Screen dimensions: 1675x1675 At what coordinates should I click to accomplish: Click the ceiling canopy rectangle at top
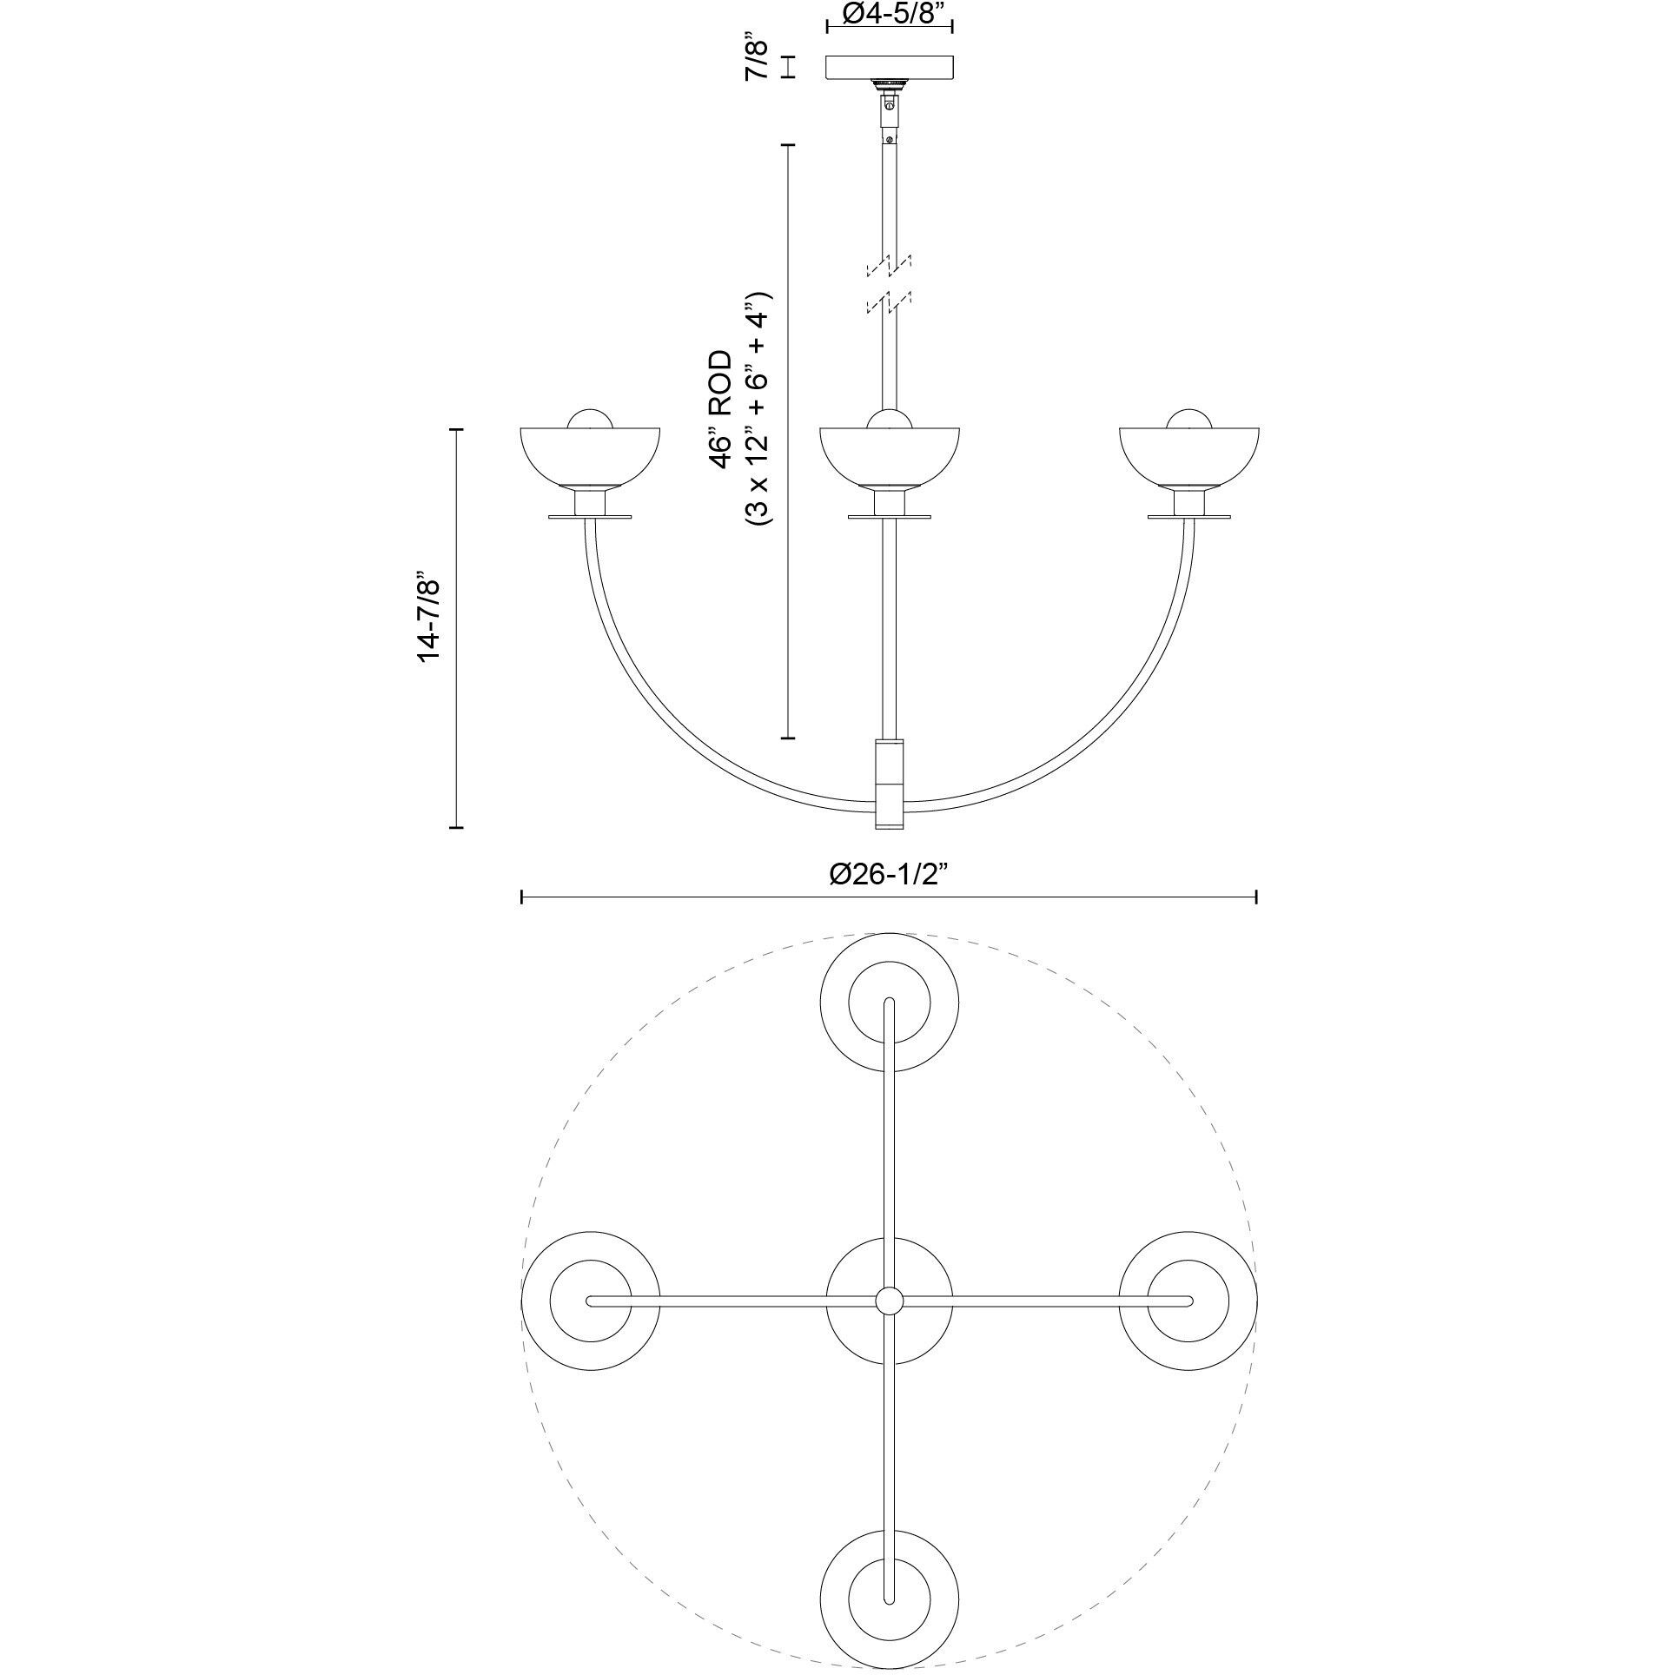[x=889, y=67]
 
